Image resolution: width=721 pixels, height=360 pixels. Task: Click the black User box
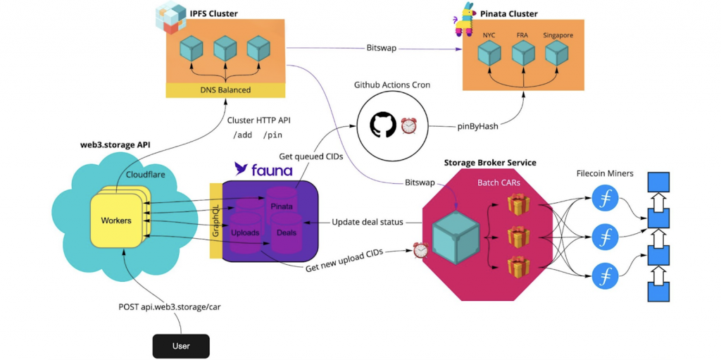[x=181, y=345]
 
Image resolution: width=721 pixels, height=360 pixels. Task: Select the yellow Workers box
[x=116, y=221]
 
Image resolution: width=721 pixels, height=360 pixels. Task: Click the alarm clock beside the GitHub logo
[x=409, y=125]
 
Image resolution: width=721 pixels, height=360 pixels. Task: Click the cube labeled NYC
[x=489, y=53]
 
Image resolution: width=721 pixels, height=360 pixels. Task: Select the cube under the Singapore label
[x=556, y=53]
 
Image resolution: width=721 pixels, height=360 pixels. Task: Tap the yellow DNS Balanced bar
[x=225, y=90]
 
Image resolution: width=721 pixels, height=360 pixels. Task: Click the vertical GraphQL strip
[x=215, y=219]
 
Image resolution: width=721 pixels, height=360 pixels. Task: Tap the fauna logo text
[x=263, y=169]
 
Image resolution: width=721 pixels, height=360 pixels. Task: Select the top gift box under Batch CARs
[x=518, y=205]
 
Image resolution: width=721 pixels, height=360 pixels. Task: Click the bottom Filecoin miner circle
[x=604, y=275]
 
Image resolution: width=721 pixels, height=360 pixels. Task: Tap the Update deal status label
[x=367, y=222]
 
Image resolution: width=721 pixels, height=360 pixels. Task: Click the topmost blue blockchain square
[x=658, y=182]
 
